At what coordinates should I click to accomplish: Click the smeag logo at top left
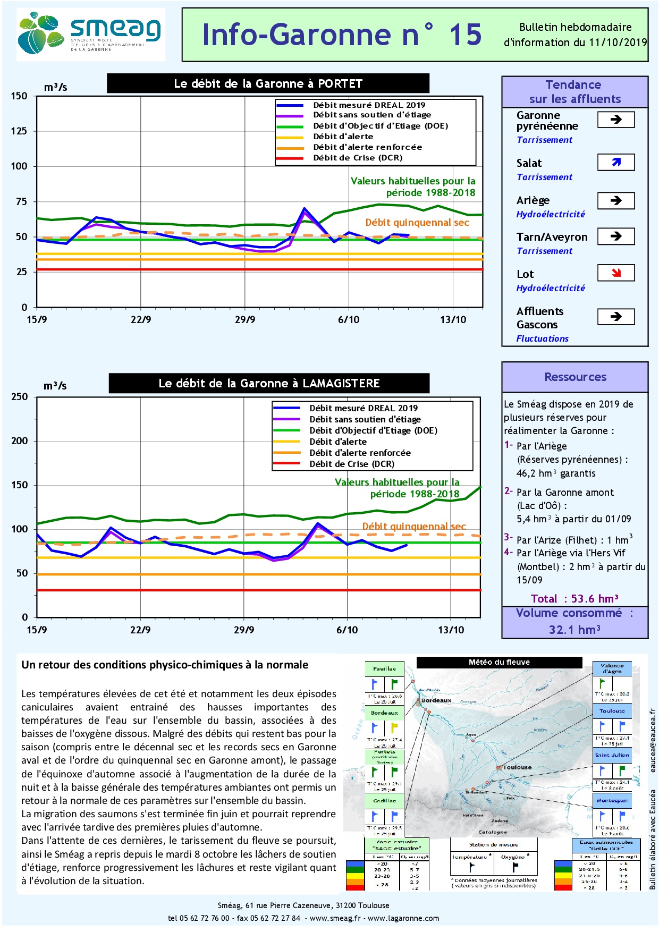90,35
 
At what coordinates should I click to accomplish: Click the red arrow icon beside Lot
616,273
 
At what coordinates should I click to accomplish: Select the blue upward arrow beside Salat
616,162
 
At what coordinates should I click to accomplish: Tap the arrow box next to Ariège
616,200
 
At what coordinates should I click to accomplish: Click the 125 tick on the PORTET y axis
19,131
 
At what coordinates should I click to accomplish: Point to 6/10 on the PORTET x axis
349,319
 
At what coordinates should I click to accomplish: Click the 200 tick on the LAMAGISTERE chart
20,441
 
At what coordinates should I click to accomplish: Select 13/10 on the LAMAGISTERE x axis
451,630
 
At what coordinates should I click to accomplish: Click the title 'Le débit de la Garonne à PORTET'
268,83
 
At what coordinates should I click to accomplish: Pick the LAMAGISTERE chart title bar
269,383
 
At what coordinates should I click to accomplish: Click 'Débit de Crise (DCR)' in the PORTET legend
357,158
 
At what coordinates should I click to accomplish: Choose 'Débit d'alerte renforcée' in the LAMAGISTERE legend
360,453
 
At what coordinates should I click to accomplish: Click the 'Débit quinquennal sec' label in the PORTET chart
417,223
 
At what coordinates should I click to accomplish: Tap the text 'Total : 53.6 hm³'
574,599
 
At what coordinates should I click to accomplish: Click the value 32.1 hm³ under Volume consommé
574,630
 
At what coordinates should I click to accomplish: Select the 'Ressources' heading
575,377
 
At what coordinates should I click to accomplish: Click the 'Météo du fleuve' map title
499,662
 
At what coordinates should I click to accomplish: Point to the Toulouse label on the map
517,767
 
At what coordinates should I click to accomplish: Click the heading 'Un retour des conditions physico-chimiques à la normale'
165,665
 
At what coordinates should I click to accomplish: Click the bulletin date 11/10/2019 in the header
618,43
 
